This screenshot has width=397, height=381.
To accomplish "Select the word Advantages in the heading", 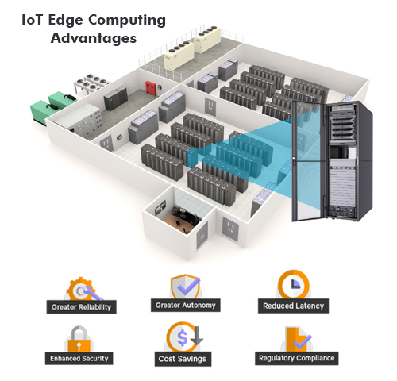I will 93,37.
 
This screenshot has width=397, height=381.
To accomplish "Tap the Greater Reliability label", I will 82,306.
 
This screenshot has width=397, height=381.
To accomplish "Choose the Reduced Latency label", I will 292,306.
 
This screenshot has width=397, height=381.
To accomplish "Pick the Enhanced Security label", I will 79,358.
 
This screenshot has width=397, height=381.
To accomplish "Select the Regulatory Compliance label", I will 296,358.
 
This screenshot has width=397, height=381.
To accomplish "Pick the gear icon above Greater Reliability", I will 80,288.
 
